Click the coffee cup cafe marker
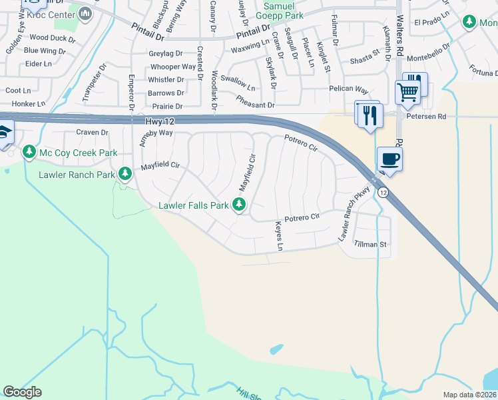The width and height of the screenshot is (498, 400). (x=390, y=159)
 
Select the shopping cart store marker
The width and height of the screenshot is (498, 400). (x=407, y=92)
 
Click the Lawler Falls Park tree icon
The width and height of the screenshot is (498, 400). (x=238, y=205)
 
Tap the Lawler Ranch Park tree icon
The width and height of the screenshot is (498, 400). (x=124, y=175)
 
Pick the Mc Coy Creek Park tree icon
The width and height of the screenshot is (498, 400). (x=29, y=153)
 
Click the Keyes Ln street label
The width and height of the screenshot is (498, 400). (x=279, y=237)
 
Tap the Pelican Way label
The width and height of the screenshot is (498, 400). (x=348, y=89)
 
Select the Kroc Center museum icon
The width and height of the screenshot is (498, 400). (x=85, y=13)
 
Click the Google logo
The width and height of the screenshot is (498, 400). (x=23, y=392)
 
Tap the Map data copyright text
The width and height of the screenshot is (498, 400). (x=469, y=395)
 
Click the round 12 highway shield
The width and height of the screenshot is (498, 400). (x=383, y=192)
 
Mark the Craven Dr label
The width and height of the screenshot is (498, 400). (x=92, y=133)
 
